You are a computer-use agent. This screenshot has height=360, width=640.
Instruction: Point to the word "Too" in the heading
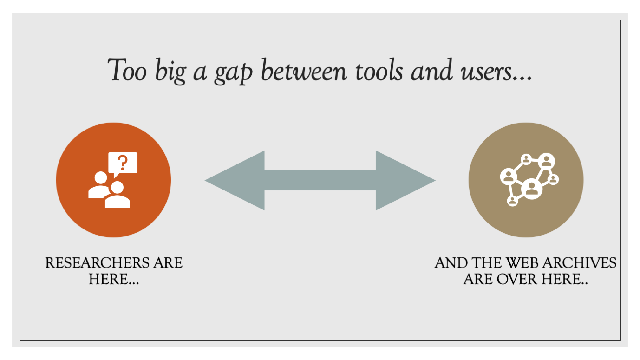pos(127,70)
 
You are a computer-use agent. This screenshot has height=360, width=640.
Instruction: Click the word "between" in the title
pos(304,70)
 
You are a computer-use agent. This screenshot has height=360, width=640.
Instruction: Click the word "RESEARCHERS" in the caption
pos(97,263)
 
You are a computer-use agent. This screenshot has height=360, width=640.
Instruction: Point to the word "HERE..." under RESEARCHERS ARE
pos(114,279)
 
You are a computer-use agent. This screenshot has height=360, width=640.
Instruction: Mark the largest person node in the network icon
pos(532,189)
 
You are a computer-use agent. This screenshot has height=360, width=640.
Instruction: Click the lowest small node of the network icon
pos(513,201)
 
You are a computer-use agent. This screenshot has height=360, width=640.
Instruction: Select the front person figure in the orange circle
pos(118,195)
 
